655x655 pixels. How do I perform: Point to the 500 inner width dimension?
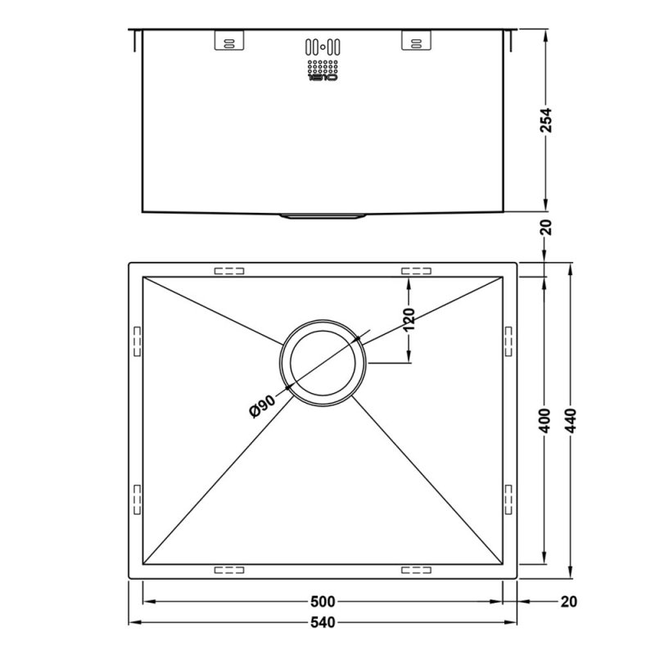(x=324, y=603)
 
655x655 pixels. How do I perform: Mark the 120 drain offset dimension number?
(x=409, y=320)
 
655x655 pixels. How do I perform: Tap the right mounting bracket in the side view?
(x=415, y=41)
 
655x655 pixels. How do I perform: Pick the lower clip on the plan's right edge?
(x=508, y=497)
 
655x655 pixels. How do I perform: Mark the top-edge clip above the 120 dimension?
(x=415, y=270)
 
